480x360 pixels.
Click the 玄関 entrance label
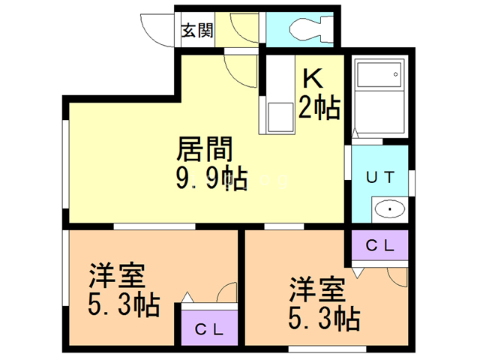197,31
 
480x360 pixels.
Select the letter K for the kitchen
313,78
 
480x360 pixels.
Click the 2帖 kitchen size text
319,108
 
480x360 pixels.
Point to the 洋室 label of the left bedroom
116,277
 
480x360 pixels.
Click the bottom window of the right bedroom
328,347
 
